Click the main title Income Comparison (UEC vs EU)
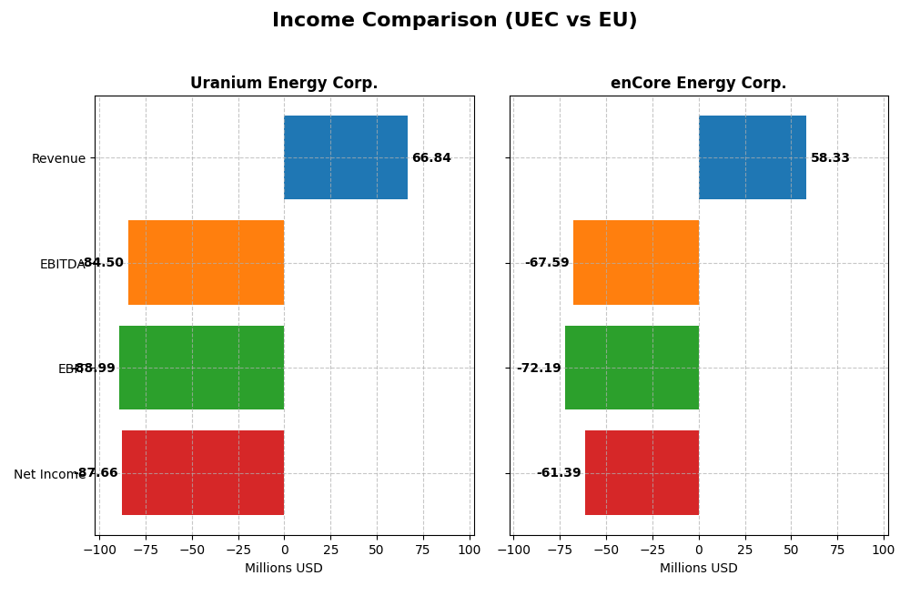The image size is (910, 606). (454, 21)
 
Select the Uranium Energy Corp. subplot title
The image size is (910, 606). (284, 84)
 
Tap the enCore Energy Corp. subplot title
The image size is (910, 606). (698, 84)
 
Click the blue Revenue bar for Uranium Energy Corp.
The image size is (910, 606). (346, 157)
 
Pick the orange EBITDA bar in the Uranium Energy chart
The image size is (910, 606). (207, 262)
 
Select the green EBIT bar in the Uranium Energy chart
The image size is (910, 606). (202, 368)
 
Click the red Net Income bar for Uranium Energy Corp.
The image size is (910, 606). (203, 472)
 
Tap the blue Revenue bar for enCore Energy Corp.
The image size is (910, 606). (753, 157)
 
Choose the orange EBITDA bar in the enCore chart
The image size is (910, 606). (636, 262)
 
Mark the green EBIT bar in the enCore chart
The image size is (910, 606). (632, 368)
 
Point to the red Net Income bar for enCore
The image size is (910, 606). (642, 472)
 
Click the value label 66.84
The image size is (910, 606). (431, 158)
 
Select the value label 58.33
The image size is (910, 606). (830, 158)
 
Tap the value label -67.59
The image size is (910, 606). (547, 263)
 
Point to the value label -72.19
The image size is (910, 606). (539, 369)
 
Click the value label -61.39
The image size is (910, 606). (559, 473)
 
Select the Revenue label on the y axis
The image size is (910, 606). (58, 159)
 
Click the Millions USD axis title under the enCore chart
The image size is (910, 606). (698, 569)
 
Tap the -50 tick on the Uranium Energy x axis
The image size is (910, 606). (192, 550)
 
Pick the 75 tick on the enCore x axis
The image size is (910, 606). (837, 550)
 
